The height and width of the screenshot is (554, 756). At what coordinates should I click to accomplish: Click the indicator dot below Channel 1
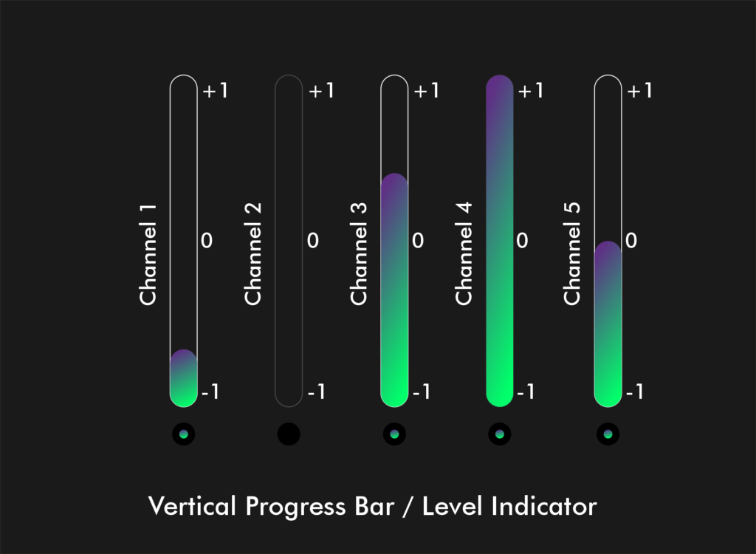(x=183, y=434)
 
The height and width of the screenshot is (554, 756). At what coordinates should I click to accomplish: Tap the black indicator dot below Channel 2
(x=289, y=434)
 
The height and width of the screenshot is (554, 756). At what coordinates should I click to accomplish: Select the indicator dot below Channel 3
(x=394, y=434)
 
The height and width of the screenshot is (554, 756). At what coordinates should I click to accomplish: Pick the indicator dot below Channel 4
(x=500, y=434)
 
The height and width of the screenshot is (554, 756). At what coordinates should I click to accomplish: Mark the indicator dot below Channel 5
(x=608, y=434)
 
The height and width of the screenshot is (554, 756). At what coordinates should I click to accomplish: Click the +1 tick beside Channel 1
(x=215, y=91)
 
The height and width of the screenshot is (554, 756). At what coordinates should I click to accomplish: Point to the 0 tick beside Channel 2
(x=312, y=241)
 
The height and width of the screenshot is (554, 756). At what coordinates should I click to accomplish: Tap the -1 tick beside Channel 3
(x=422, y=391)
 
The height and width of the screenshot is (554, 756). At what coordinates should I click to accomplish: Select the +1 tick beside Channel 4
(x=531, y=91)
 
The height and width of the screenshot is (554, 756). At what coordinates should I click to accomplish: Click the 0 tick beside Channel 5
(x=631, y=241)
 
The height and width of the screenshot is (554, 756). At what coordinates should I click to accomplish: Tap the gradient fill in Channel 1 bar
(x=183, y=380)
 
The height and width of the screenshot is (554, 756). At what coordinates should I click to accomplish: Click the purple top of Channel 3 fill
(x=394, y=186)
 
